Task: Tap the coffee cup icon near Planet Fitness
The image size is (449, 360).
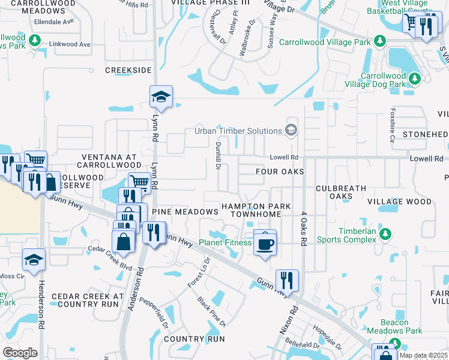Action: point(265,243)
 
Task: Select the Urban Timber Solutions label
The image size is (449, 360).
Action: point(238,131)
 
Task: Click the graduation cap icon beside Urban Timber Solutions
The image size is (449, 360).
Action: point(291,130)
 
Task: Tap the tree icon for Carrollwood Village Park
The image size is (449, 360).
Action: point(379,41)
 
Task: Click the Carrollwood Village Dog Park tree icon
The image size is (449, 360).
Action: point(414,79)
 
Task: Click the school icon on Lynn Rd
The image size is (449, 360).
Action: point(161,97)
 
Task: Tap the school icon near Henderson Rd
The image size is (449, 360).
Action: point(34,260)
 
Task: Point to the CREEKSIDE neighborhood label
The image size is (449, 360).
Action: point(128,70)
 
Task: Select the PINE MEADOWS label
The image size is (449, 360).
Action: point(185,212)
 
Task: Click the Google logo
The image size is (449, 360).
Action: point(20,352)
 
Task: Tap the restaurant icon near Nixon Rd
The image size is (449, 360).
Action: point(286,280)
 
